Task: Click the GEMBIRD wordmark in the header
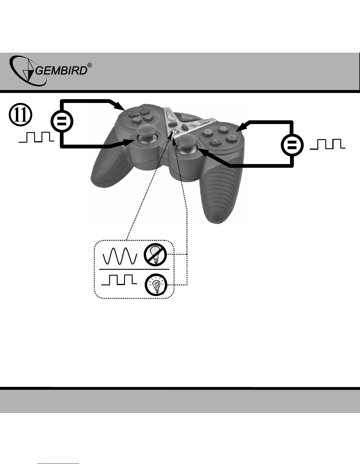(62, 71)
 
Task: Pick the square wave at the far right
(327, 144)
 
